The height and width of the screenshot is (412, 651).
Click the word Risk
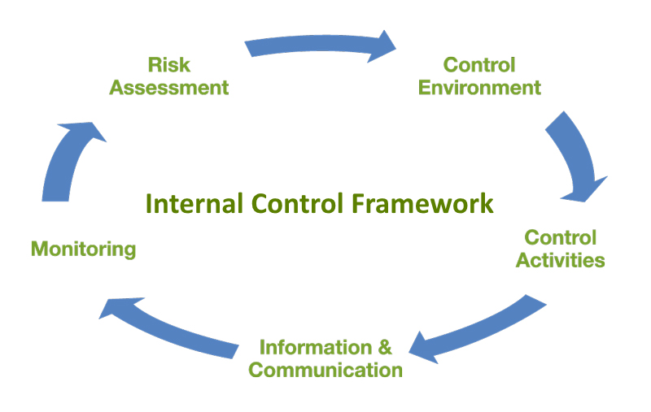click(x=168, y=64)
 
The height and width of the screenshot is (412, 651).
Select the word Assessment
click(x=168, y=87)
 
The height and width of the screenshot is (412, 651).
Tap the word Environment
click(x=479, y=87)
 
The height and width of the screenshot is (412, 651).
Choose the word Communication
click(x=325, y=371)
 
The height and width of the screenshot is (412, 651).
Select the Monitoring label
click(x=83, y=249)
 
